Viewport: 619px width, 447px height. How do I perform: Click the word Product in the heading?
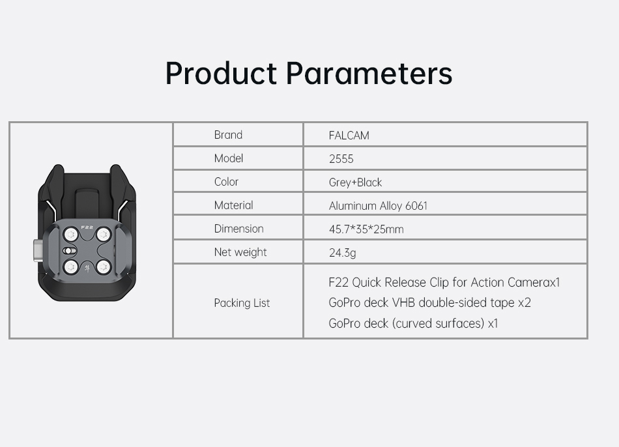pyautogui.click(x=221, y=73)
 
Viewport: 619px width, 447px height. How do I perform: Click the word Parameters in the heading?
pyautogui.click(x=369, y=73)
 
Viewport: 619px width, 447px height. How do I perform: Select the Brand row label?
pyautogui.click(x=228, y=135)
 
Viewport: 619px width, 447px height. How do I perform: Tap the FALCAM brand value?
pyautogui.click(x=349, y=136)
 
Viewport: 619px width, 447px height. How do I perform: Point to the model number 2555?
pyautogui.click(x=341, y=159)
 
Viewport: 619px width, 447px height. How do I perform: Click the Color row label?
pyautogui.click(x=226, y=182)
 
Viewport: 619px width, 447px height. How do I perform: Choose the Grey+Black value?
pyautogui.click(x=355, y=182)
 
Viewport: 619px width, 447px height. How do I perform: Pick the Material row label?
pyautogui.click(x=234, y=205)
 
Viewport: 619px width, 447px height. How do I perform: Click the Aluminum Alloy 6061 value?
pyautogui.click(x=378, y=206)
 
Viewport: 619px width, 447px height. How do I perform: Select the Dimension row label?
pyautogui.click(x=239, y=229)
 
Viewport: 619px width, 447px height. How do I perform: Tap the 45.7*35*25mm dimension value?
pyautogui.click(x=366, y=229)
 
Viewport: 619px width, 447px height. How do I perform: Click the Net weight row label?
pyautogui.click(x=240, y=252)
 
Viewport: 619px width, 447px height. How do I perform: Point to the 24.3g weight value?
pyautogui.click(x=342, y=253)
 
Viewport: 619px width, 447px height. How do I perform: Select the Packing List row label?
pyautogui.click(x=242, y=303)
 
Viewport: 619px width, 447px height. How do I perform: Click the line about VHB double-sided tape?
pyautogui.click(x=429, y=302)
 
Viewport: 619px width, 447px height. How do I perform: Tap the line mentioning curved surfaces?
pyautogui.click(x=413, y=323)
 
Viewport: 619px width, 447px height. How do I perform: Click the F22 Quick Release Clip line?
pyautogui.click(x=444, y=282)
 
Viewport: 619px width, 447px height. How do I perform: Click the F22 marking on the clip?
pyautogui.click(x=87, y=227)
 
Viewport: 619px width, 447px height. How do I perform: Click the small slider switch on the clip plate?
pyautogui.click(x=68, y=251)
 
